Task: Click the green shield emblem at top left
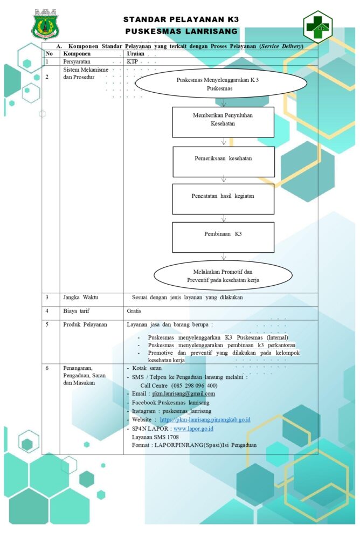45,25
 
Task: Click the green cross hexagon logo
318,27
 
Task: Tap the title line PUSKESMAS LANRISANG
181,31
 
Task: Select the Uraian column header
135,53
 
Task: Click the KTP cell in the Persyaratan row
133,61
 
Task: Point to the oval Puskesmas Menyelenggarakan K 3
220,84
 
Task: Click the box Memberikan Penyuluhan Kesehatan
223,122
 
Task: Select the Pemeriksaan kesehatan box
224,162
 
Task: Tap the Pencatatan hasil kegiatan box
223,199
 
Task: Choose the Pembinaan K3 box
223,237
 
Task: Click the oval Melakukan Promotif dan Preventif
223,275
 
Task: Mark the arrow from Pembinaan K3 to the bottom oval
224,257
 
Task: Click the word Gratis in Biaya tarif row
134,311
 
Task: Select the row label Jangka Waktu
81,297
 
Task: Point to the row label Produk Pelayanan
85,324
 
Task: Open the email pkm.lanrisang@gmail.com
183,394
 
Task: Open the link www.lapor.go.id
193,429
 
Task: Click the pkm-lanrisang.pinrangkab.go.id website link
205,419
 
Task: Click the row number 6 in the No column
47,368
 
